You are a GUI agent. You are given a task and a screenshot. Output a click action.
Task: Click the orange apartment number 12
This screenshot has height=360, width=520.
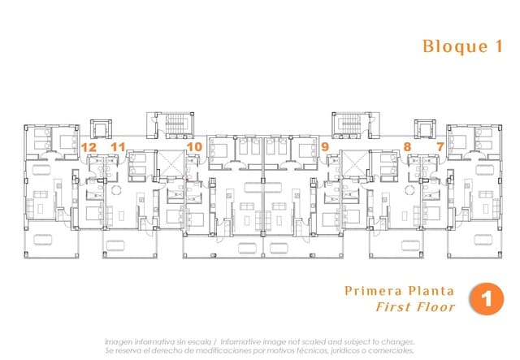pyautogui.click(x=89, y=147)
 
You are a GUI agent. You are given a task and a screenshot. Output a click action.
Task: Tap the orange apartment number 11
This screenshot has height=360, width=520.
pyautogui.click(x=118, y=147)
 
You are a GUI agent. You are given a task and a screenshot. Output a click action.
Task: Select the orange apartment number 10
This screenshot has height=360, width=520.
pyautogui.click(x=194, y=147)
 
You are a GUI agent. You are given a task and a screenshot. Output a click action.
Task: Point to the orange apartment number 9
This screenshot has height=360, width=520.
pyautogui.click(x=325, y=147)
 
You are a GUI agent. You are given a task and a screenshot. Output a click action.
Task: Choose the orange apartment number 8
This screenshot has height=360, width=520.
pyautogui.click(x=407, y=147)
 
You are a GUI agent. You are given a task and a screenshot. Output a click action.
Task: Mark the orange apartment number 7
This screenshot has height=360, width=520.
pyautogui.click(x=440, y=147)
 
